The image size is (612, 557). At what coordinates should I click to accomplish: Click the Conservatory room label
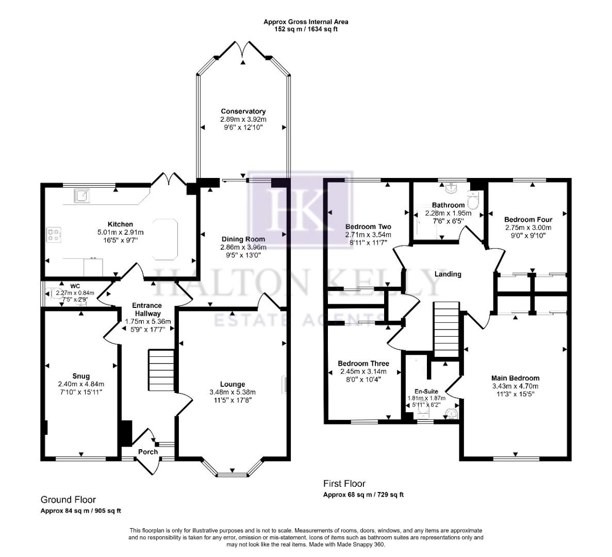243,111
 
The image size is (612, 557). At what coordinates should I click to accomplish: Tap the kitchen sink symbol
81,195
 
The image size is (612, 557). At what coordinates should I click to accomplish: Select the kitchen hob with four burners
53,235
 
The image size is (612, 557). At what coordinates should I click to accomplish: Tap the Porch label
147,452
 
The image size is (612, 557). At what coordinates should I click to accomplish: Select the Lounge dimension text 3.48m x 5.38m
233,392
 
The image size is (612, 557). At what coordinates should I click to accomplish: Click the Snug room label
81,376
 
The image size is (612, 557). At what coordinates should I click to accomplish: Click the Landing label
447,274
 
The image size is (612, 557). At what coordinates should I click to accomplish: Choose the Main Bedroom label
515,378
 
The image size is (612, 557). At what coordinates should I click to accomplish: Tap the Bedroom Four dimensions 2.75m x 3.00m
527,227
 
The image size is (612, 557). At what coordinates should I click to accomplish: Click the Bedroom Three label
363,364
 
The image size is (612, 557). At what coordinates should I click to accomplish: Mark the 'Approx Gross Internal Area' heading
306,22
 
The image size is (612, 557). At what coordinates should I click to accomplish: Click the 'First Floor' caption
344,484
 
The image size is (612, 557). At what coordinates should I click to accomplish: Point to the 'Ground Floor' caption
68,500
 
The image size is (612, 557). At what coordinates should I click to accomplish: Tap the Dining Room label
243,239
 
